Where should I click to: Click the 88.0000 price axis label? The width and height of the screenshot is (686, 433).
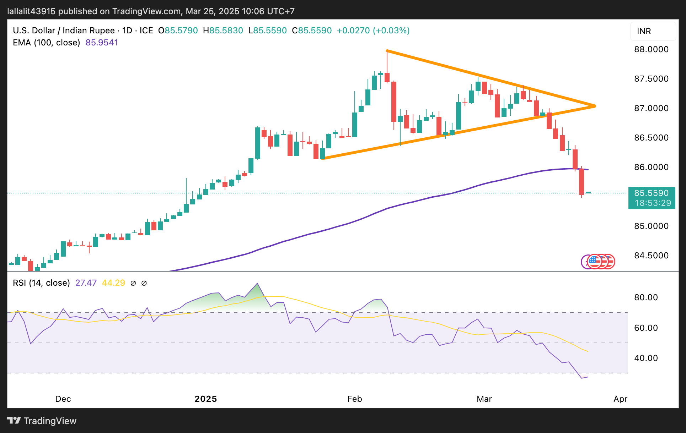point(651,49)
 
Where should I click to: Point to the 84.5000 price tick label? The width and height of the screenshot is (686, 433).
point(651,256)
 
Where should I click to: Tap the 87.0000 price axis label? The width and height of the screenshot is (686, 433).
point(651,108)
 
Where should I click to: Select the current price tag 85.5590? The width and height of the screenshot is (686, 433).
point(651,193)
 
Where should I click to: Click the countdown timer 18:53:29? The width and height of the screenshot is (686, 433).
point(653,203)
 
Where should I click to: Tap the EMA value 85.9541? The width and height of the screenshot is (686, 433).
point(102,43)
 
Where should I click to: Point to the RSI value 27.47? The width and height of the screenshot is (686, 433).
point(86,283)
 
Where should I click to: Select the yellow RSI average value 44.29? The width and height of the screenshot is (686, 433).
point(113,283)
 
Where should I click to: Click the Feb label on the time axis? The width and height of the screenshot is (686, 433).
point(354,399)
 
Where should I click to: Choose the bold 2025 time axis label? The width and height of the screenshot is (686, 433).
point(206,399)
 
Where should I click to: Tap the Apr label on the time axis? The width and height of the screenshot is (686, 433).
point(620,399)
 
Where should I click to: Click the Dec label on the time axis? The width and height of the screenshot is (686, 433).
point(63,399)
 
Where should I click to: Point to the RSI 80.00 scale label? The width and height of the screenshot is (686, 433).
point(646,297)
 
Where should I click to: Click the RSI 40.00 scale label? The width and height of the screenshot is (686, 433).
point(646,358)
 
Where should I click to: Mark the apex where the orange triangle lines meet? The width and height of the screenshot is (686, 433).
point(595,106)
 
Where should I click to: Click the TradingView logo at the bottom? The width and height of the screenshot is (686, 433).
point(42,421)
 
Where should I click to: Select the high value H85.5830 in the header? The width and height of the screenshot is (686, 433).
point(223,31)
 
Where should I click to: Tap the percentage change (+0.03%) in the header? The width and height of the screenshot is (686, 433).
point(391,31)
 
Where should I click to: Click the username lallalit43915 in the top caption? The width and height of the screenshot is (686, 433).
point(31,11)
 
